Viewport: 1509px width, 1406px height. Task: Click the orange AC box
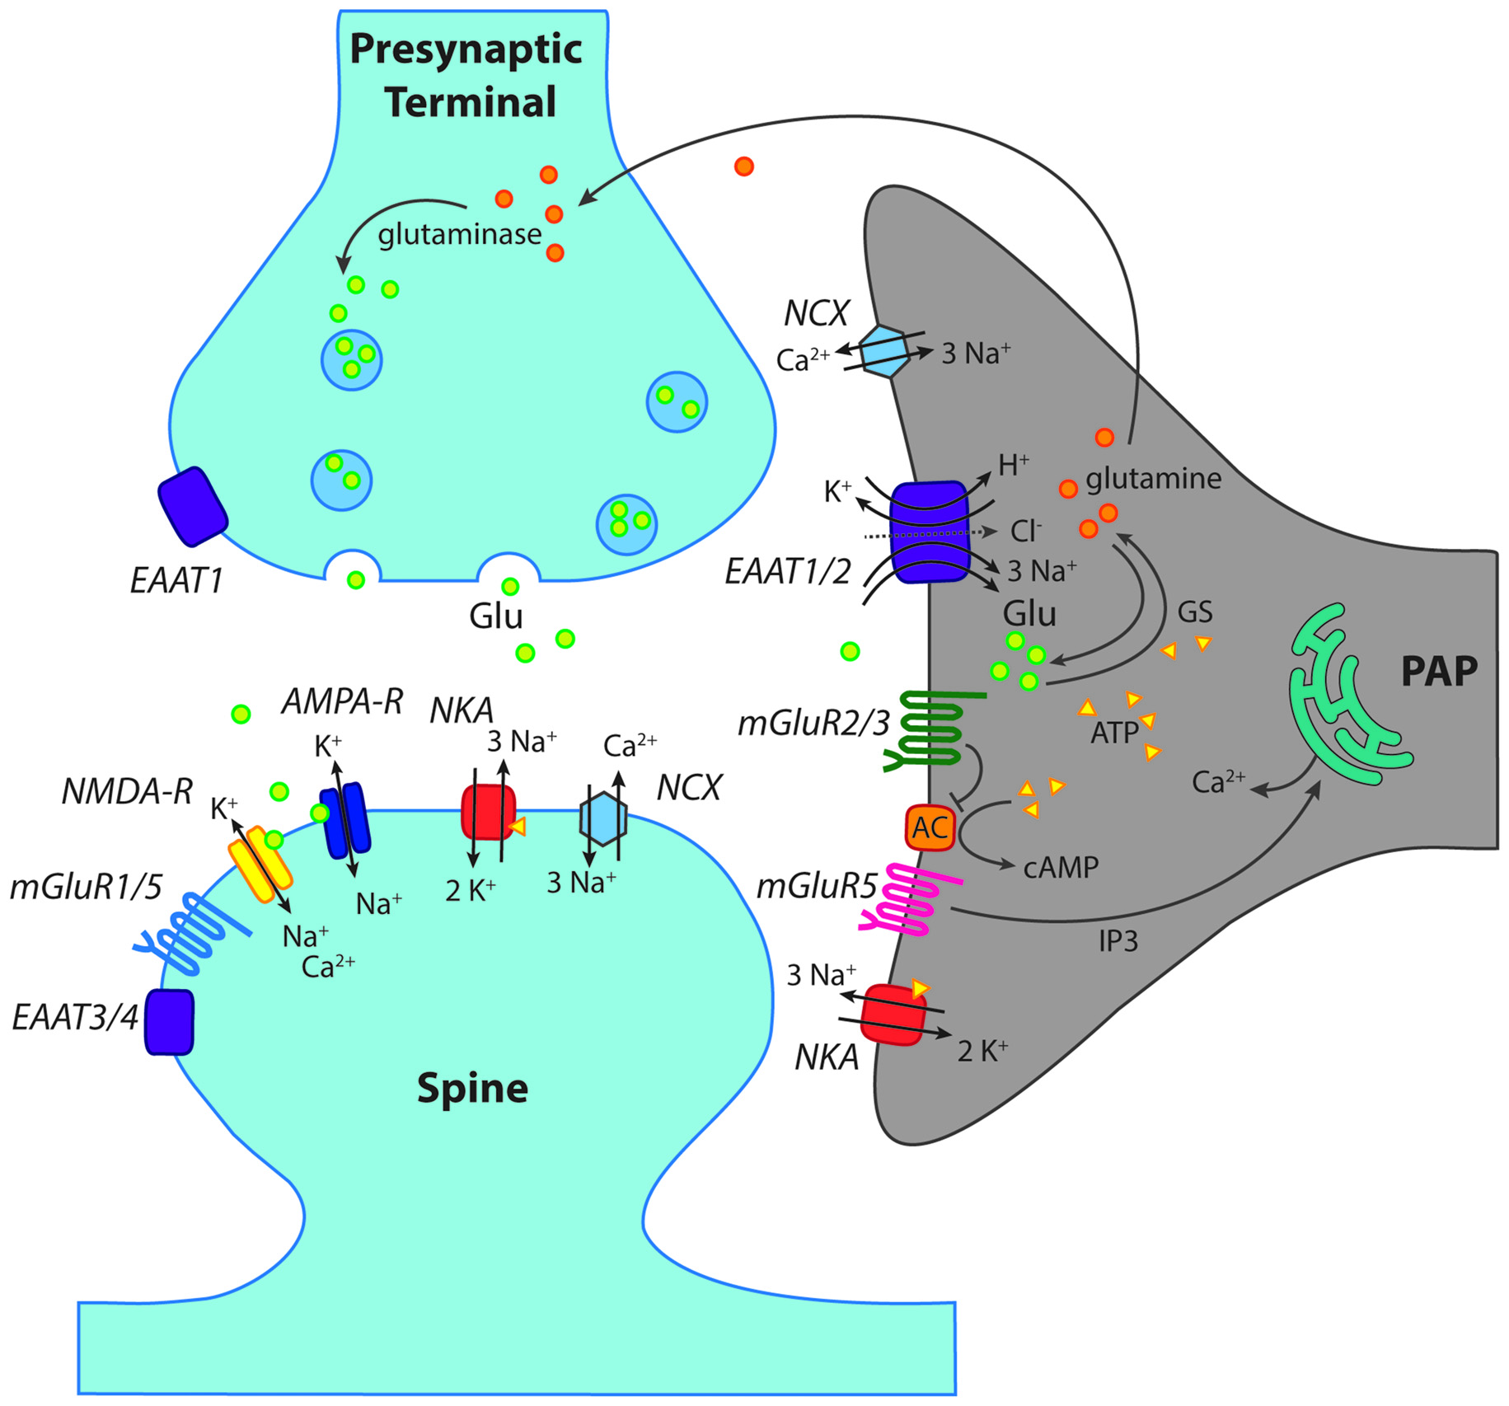coord(930,827)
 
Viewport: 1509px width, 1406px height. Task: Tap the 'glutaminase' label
coord(459,235)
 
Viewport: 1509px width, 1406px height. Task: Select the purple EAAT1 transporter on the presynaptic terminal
coord(193,506)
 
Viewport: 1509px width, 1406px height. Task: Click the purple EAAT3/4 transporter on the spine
coord(169,1022)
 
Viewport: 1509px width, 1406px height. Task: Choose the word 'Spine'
coord(471,1089)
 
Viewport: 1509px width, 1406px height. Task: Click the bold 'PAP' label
coord(1438,672)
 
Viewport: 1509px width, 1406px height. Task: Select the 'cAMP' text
coord(1061,868)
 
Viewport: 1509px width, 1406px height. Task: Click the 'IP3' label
coord(1118,940)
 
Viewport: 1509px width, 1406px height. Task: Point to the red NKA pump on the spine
coord(488,812)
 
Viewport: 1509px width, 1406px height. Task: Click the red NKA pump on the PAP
coord(893,1015)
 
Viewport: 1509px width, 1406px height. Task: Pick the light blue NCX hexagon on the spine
coord(603,818)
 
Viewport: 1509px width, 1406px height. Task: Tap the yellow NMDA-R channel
coord(260,864)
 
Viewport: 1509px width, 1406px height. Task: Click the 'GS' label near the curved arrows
coord(1194,612)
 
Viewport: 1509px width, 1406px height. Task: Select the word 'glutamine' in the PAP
coord(1153,479)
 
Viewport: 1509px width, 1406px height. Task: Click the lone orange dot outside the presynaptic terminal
coord(743,166)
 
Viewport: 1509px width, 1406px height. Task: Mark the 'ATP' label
coord(1113,733)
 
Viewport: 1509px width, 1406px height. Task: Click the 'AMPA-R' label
coord(342,701)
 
